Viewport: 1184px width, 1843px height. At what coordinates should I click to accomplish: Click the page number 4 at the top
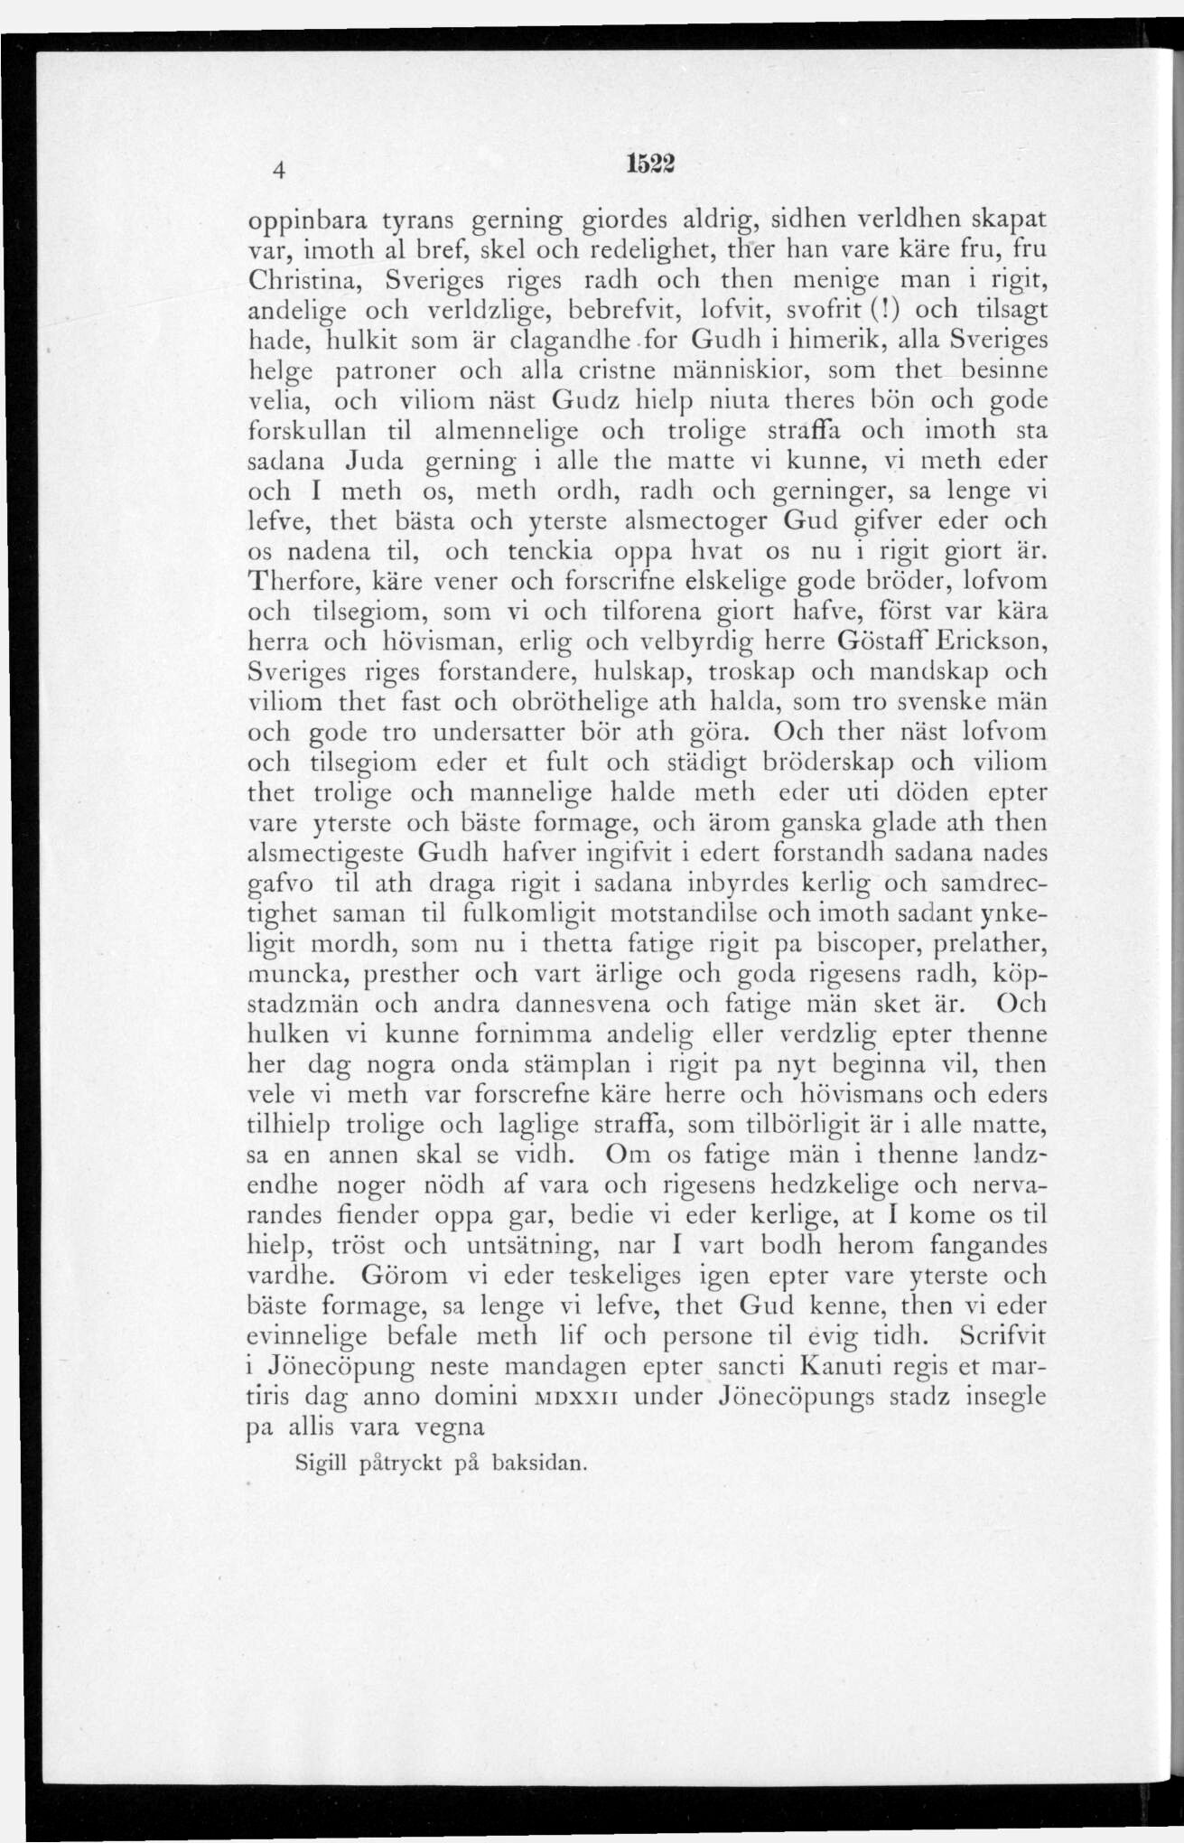[281, 170]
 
